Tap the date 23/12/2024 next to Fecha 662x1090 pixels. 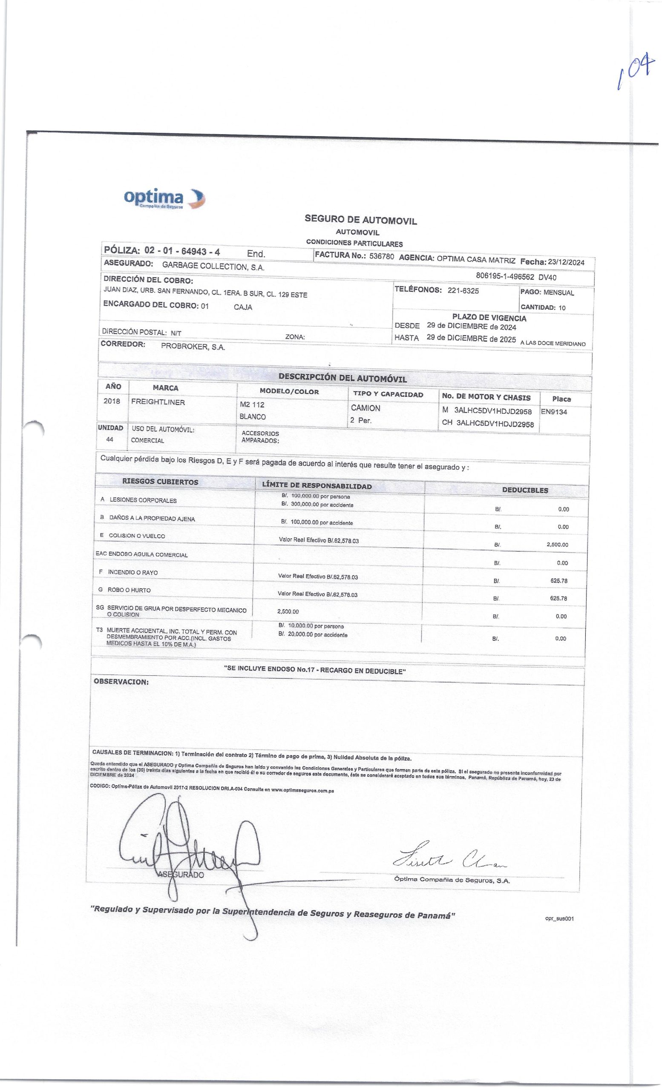pyautogui.click(x=566, y=262)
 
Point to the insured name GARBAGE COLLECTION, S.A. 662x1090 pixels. pyautogui.click(x=213, y=267)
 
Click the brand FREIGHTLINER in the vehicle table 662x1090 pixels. pyautogui.click(x=158, y=402)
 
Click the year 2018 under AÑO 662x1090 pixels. pyautogui.click(x=112, y=402)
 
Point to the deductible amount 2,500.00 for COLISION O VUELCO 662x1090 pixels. pyautogui.click(x=557, y=545)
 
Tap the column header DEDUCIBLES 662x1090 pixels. pyautogui.click(x=525, y=490)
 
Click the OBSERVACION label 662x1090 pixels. pyautogui.click(x=121, y=682)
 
